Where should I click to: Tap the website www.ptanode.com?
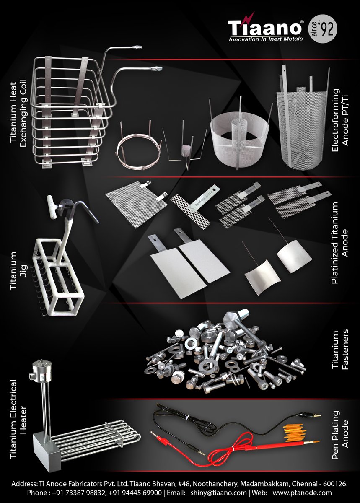tap(302, 493)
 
